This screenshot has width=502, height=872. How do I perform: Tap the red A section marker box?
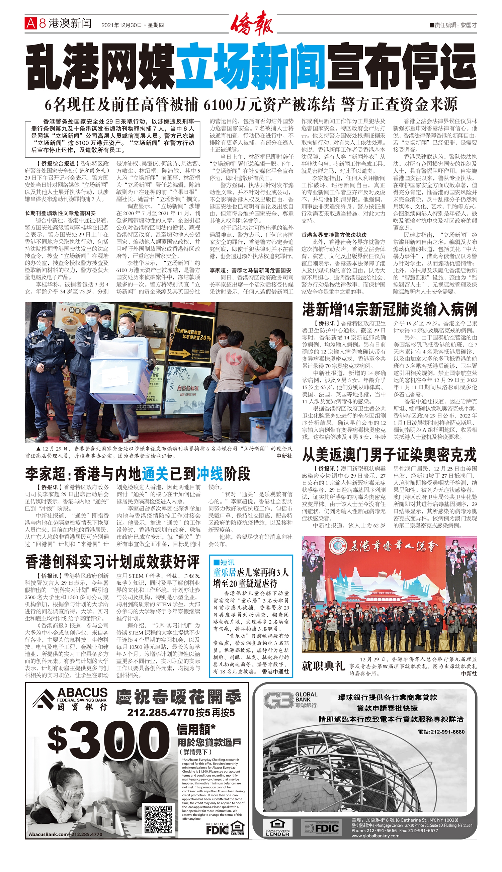tap(30, 23)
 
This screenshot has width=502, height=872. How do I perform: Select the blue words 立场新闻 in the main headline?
tap(251, 67)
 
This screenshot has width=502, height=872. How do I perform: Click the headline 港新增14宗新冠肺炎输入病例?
tap(389, 309)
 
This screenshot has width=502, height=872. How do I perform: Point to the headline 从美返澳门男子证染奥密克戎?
tap(389, 455)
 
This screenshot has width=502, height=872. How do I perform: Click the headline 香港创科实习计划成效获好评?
tap(112, 562)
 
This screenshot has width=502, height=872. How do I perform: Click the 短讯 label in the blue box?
tap(224, 562)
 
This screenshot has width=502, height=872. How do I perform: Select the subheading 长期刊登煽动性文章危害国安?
tap(60, 213)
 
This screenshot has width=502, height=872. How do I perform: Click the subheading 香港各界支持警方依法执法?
tap(334, 235)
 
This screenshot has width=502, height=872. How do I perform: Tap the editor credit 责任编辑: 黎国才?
tap(453, 25)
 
